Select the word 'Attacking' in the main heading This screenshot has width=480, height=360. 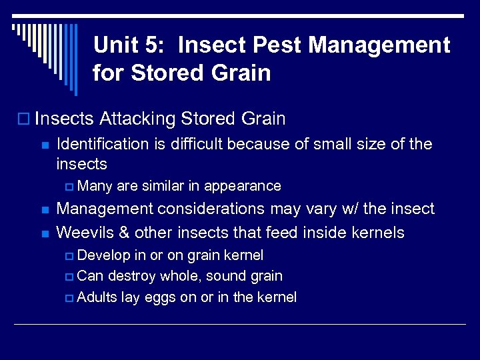point(136,119)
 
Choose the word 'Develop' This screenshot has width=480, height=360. point(104,255)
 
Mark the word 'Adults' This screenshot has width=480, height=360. point(98,297)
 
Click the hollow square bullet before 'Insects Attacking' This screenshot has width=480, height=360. point(25,120)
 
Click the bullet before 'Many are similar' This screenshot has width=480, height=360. point(71,187)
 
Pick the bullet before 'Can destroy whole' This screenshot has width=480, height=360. point(71,277)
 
